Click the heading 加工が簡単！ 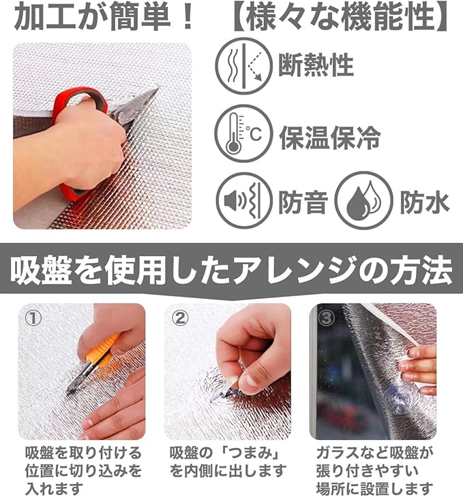click(104, 16)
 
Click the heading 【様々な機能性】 click(340, 17)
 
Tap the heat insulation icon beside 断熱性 click(243, 66)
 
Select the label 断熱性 click(316, 65)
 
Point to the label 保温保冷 click(329, 138)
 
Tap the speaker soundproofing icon click(244, 201)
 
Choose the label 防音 click(303, 202)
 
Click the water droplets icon click(363, 201)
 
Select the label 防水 click(425, 202)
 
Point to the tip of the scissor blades click(158, 89)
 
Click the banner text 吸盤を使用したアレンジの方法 click(231, 272)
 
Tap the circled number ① click(33, 318)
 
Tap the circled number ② click(180, 318)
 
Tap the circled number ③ click(326, 318)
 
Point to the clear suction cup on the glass click(395, 399)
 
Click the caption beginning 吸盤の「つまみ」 click(228, 462)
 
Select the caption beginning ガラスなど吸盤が click(375, 470)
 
